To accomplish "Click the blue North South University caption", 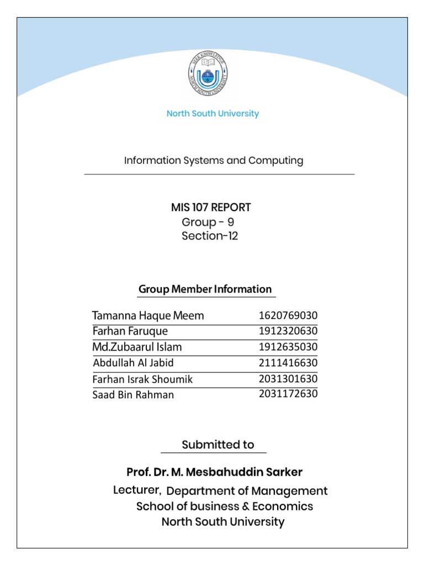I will [x=213, y=114].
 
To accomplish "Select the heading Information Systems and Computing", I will [x=213, y=161].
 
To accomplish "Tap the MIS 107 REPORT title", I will [x=211, y=207].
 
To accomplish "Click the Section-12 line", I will [x=210, y=237].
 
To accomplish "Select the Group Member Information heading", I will [x=205, y=289].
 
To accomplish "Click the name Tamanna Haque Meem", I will [x=148, y=316].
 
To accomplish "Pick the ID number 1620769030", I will [x=288, y=316].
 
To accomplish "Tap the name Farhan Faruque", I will [x=130, y=331].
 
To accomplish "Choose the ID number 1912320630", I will [x=288, y=331].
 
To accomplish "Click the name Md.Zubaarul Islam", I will [x=137, y=347].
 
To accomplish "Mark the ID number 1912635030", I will [x=288, y=347].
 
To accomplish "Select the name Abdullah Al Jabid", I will [x=134, y=363].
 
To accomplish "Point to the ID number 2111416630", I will [x=288, y=363].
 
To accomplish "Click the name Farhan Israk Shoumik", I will [x=143, y=379].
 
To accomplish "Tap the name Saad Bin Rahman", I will [x=133, y=395].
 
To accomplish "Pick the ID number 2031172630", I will [x=288, y=394].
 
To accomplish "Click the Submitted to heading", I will [x=218, y=445].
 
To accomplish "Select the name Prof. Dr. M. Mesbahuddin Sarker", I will [x=214, y=472].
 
